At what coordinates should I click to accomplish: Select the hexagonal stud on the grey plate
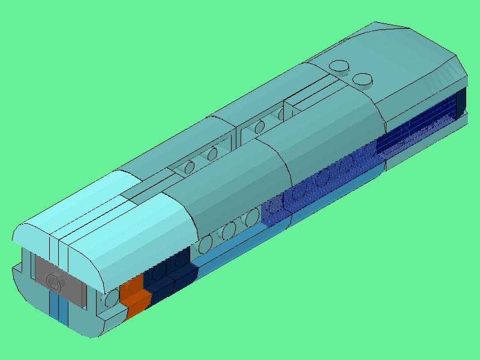pyautogui.click(x=54, y=280)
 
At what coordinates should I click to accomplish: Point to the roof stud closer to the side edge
pyautogui.click(x=362, y=79)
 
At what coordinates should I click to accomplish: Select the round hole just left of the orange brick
pyautogui.click(x=111, y=298)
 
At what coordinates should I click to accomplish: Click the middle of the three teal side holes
pyautogui.click(x=229, y=229)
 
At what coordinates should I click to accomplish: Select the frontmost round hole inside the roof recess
pyautogui.click(x=189, y=167)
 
